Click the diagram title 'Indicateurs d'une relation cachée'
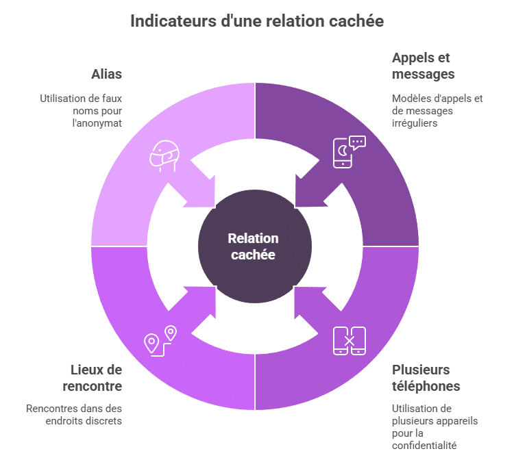click(256, 21)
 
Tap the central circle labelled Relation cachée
click(254, 246)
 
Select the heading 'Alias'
click(106, 74)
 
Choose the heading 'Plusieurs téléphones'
click(426, 378)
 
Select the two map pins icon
click(160, 340)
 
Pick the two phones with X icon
click(349, 340)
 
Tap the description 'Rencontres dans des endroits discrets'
click(74, 415)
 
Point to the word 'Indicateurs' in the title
click(164, 21)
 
